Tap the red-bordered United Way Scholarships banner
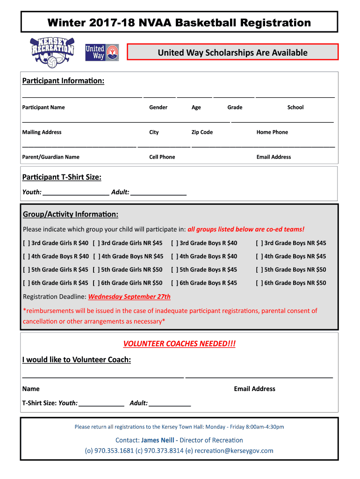(232, 52)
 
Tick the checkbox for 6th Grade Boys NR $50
(259, 283)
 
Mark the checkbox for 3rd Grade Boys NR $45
(259, 243)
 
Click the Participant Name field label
(43, 107)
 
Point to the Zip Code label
(202, 132)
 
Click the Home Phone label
(272, 132)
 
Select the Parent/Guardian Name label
(50, 157)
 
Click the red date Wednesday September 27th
(130, 297)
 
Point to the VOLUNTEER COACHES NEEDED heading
(180, 344)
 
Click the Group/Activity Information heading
(71, 214)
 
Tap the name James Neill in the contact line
(158, 440)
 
